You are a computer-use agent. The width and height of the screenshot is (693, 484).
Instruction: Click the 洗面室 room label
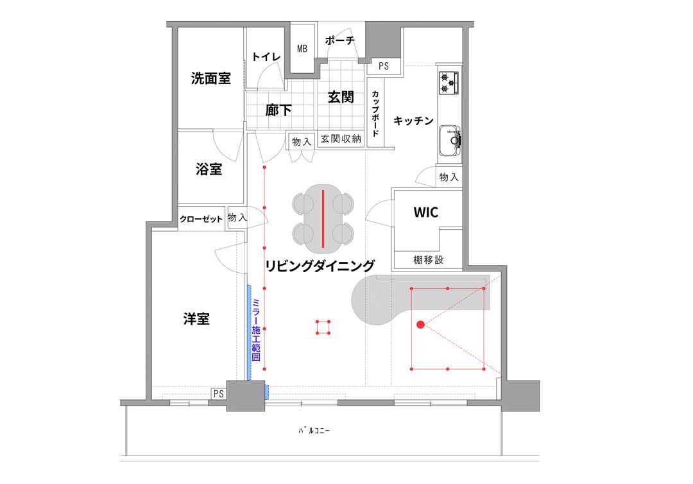click(x=211, y=78)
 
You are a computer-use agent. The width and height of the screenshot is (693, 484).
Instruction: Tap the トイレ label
click(x=266, y=56)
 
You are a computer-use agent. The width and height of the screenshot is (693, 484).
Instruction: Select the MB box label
click(x=302, y=49)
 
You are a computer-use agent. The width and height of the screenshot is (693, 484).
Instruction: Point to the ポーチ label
click(x=340, y=40)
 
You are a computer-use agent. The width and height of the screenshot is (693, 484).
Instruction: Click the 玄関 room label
click(x=341, y=97)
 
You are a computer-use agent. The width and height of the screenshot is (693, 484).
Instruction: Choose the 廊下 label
click(x=278, y=110)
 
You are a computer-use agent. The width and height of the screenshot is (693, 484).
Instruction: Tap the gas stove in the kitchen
click(x=449, y=83)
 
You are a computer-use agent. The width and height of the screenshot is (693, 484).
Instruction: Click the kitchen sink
click(x=449, y=141)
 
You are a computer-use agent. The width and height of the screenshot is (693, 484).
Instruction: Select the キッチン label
click(x=413, y=121)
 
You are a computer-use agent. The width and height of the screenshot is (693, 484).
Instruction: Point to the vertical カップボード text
click(x=375, y=114)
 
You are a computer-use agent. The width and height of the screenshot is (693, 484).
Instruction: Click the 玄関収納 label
click(x=341, y=139)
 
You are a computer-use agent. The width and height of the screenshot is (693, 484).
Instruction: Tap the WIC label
click(x=426, y=212)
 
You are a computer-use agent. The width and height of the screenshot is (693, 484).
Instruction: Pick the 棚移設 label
click(x=428, y=259)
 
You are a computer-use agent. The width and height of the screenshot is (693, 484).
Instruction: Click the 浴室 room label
click(x=209, y=169)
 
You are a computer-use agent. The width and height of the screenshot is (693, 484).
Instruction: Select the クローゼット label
click(x=201, y=219)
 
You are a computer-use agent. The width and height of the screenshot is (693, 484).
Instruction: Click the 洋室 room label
click(x=196, y=318)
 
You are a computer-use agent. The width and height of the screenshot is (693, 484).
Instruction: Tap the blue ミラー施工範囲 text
click(x=256, y=329)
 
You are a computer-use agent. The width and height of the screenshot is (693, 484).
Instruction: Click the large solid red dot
click(x=421, y=325)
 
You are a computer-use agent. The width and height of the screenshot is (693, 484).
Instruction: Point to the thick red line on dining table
click(x=323, y=219)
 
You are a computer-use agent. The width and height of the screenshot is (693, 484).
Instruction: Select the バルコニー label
click(x=314, y=430)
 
